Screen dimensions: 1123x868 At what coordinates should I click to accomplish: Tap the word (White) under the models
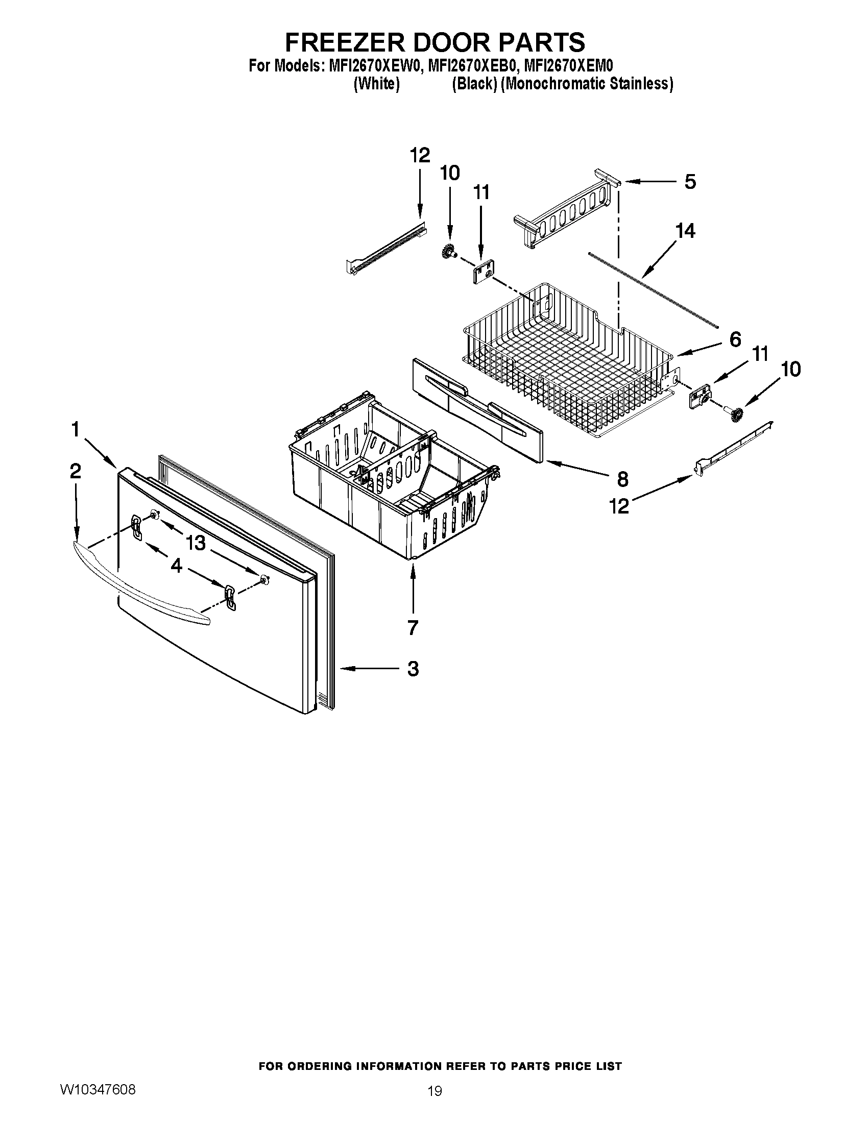(x=376, y=84)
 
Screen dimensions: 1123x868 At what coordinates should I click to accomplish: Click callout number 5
(x=690, y=182)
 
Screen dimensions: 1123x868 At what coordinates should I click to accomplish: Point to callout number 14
(x=685, y=231)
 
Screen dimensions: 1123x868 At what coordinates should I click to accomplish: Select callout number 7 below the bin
(x=413, y=627)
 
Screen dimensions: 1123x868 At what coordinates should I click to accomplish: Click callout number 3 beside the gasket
(x=413, y=669)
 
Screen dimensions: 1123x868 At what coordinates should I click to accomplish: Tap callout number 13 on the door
(x=196, y=543)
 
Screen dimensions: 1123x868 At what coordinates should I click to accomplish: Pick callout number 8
(x=622, y=479)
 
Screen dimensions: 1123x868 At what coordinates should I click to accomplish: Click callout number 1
(x=76, y=429)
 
